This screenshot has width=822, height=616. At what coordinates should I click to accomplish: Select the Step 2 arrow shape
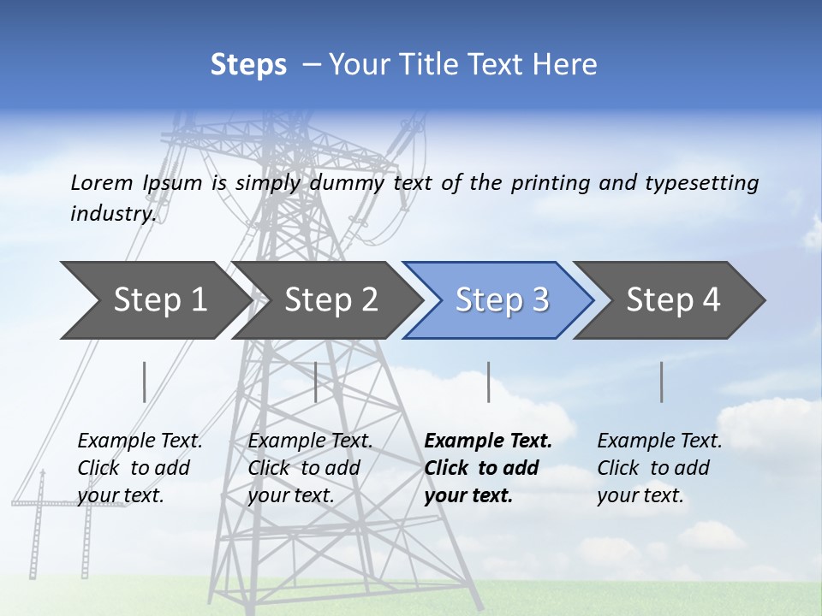coord(330,300)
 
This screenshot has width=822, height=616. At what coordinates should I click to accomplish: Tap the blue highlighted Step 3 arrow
coord(501,300)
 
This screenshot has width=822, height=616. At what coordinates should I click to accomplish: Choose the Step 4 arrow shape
coord(672,300)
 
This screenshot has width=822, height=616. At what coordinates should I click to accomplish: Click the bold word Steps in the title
coord(248,65)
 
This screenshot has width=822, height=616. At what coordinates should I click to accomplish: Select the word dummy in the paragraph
coord(348,182)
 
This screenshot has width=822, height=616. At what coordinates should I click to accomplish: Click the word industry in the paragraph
coord(111,213)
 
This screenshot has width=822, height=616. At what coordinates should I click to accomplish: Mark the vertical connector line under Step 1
coord(145,382)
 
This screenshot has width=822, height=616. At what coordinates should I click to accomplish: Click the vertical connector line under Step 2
coord(316,382)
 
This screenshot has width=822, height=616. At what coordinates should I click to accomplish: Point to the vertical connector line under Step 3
coord(489,382)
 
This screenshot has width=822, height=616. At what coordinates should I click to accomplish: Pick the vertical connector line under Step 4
coord(662,382)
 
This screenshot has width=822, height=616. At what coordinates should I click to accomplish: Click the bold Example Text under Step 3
coord(488,468)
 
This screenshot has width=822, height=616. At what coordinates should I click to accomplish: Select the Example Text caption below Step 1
coord(140,468)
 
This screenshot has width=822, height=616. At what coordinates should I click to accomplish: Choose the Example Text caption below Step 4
coord(659,468)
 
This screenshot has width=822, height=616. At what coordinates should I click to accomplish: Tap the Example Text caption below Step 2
coord(310,468)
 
